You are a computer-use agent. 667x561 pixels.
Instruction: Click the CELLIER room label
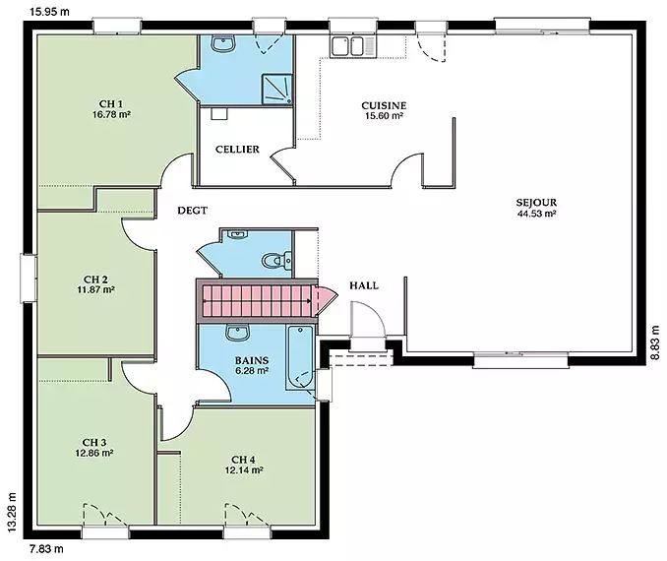(237, 150)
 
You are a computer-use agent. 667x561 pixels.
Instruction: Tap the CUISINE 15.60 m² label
(384, 110)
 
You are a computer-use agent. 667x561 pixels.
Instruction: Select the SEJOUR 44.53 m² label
(536, 208)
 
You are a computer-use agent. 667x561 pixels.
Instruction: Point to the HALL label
(364, 285)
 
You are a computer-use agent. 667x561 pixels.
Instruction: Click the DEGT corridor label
(192, 211)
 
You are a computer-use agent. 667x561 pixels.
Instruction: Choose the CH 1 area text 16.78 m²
(111, 114)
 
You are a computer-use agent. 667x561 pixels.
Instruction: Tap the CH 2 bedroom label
(95, 280)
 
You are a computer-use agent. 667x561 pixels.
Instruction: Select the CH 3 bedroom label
(94, 443)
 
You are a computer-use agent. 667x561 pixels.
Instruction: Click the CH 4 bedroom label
(243, 460)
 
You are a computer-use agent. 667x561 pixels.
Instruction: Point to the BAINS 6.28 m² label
(252, 365)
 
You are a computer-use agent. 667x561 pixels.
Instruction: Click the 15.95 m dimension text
(49, 12)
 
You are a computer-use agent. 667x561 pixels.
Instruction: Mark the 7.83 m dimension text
(46, 548)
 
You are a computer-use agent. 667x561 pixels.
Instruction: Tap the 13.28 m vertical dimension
(12, 512)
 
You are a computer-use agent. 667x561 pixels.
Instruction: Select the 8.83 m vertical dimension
(655, 343)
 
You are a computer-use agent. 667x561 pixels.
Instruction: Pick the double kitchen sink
(348, 46)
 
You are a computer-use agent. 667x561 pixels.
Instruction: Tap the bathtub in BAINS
(300, 357)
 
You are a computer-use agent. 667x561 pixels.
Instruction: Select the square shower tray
(276, 90)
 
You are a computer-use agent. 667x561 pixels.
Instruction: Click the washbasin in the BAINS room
(237, 333)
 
